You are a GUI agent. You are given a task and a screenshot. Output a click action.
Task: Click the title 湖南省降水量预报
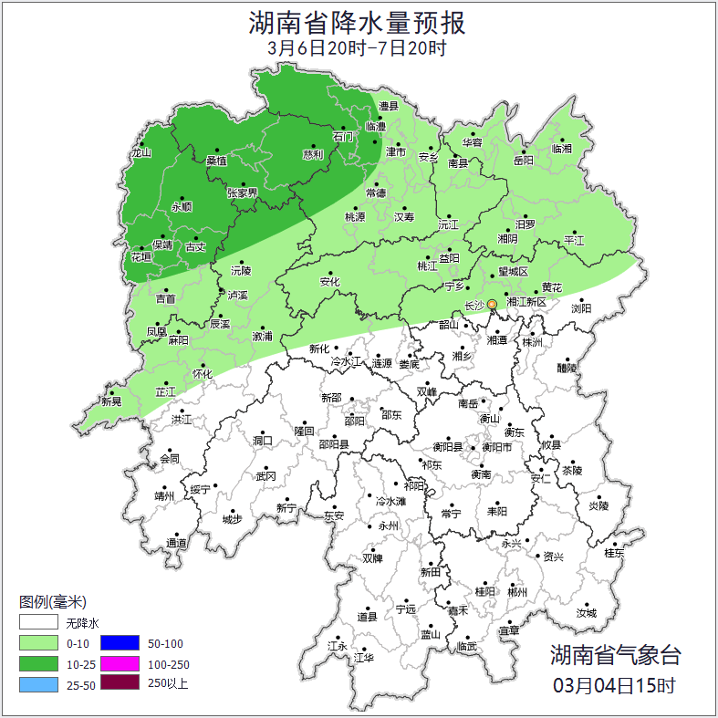pos(359,21)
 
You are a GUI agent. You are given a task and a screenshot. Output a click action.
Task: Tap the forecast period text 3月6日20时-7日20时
pos(359,48)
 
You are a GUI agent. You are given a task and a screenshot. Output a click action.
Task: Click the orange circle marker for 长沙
pos(492,304)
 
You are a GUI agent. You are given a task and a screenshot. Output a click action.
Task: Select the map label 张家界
pos(243,193)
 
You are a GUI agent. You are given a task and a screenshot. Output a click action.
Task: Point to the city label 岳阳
pos(523,161)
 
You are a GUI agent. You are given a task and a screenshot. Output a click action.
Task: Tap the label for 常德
pos(376,193)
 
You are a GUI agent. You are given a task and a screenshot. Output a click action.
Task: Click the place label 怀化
pos(202,374)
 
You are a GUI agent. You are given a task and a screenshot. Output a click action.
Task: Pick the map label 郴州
pos(517,592)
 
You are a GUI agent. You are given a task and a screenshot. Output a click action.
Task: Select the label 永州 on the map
pos(388,526)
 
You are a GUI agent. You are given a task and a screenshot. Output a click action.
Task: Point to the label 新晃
pos(111,401)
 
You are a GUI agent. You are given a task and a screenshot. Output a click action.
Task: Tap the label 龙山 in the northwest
pos(140,153)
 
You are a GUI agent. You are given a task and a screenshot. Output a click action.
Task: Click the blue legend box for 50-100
pos(120,644)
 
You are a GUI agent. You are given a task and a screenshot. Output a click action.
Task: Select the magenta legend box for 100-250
pos(120,663)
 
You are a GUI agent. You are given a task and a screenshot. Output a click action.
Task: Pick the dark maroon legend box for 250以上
pos(120,682)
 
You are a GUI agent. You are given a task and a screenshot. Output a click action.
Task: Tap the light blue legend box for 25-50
pos(39,682)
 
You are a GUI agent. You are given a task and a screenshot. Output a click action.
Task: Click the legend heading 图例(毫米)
pos(52,602)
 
